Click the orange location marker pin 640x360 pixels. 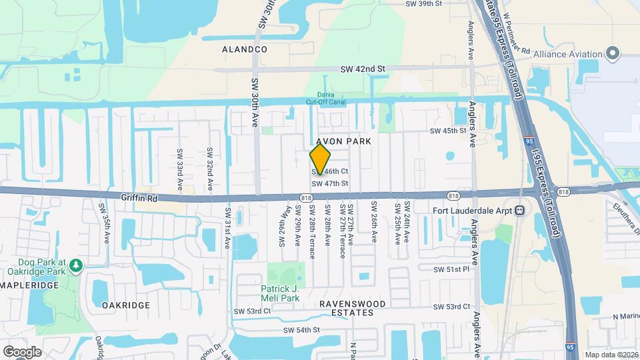click(x=320, y=159)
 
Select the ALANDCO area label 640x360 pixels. click(x=245, y=50)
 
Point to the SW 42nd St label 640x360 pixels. click(x=363, y=69)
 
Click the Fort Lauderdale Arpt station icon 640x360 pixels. click(x=519, y=210)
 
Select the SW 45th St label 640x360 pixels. click(x=448, y=131)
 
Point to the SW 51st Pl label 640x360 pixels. click(x=452, y=269)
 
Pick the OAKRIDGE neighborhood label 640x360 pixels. click(x=126, y=305)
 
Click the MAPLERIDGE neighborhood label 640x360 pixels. click(x=30, y=285)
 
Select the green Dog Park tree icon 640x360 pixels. click(x=76, y=266)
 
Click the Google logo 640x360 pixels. click(x=22, y=351)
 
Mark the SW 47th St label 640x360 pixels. click(x=330, y=183)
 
